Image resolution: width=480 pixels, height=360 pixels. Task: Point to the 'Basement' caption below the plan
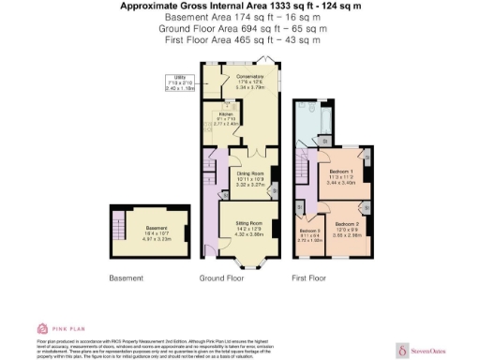[127, 278]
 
